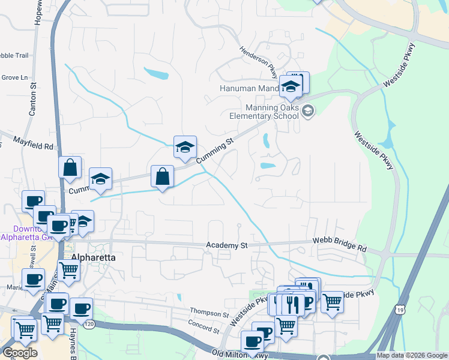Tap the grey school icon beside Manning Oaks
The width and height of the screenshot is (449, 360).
(x=308, y=110)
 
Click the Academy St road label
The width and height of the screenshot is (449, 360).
(x=227, y=245)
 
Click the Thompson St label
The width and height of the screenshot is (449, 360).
(x=209, y=314)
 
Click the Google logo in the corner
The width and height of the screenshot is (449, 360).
(x=19, y=352)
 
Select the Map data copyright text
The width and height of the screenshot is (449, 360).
(x=412, y=355)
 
